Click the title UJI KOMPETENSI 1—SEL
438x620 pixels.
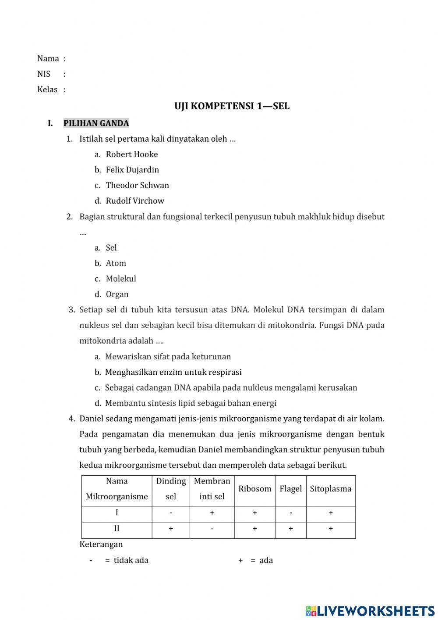pyautogui.click(x=232, y=106)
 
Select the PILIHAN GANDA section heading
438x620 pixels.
pyautogui.click(x=96, y=123)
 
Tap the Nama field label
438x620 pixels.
pyautogui.click(x=48, y=58)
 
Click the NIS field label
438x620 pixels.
pyautogui.click(x=44, y=74)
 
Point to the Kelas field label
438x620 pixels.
pyautogui.click(x=47, y=90)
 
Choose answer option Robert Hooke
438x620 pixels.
pyautogui.click(x=131, y=154)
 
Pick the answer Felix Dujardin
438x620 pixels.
pyautogui.click(x=132, y=170)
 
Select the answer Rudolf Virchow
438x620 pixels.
pyautogui.click(x=135, y=201)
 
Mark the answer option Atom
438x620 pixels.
pyautogui.click(x=116, y=263)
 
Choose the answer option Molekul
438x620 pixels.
pyautogui.click(x=121, y=279)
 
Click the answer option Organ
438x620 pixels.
pyautogui.click(x=117, y=294)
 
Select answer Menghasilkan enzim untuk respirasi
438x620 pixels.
pyautogui.click(x=173, y=372)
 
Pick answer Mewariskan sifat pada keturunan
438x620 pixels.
pyautogui.click(x=168, y=357)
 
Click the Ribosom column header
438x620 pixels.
pyautogui.click(x=255, y=489)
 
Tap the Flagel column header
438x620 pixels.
pyautogui.click(x=291, y=489)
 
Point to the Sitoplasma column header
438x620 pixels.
pyautogui.click(x=331, y=489)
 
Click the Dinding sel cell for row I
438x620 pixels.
pyautogui.click(x=171, y=513)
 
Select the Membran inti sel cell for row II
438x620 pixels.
pyautogui.click(x=212, y=529)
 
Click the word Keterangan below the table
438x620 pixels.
pyautogui.click(x=101, y=545)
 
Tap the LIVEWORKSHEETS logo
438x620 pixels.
pyautogui.click(x=370, y=610)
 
